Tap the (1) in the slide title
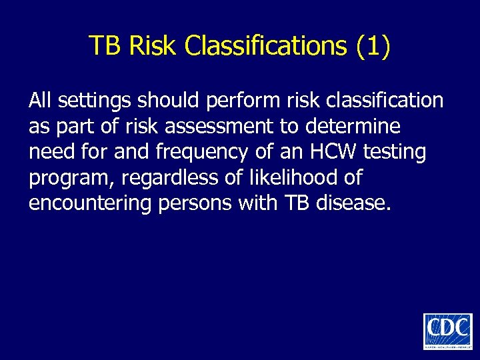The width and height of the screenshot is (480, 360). [373, 45]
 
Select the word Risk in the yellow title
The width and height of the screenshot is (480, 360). [153, 45]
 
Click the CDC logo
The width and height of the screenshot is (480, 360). [447, 331]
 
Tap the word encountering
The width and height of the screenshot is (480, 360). [90, 204]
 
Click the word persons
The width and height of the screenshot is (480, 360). [197, 204]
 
